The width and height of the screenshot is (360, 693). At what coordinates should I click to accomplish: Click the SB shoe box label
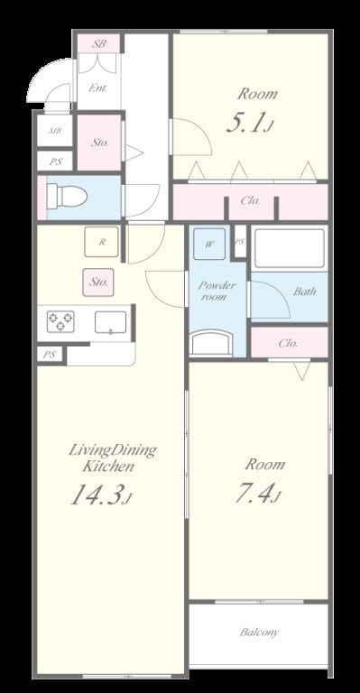98,43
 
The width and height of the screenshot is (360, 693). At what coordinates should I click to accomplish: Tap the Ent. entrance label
97,88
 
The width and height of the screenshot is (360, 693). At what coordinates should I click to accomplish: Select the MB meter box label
55,131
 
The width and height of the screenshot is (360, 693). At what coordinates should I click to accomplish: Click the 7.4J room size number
258,493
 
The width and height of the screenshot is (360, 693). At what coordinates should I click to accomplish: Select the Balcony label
259,632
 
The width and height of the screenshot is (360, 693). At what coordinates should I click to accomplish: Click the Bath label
305,291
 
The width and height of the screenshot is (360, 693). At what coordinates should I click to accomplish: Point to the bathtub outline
290,248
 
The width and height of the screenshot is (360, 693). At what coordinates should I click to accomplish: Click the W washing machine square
209,244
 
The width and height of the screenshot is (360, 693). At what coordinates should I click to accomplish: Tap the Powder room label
217,291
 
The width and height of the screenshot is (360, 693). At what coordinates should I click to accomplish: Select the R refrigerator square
102,242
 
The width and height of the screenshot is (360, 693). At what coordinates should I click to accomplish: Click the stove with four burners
60,321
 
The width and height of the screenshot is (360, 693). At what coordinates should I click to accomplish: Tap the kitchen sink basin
110,322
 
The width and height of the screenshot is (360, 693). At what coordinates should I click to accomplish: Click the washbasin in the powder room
212,344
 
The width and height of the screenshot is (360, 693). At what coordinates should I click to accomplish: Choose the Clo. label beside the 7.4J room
288,343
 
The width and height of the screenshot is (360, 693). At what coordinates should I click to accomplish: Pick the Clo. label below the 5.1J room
251,200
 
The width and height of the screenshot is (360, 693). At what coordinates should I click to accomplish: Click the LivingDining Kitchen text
113,457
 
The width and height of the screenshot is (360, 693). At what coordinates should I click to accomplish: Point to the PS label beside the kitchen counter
49,355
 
